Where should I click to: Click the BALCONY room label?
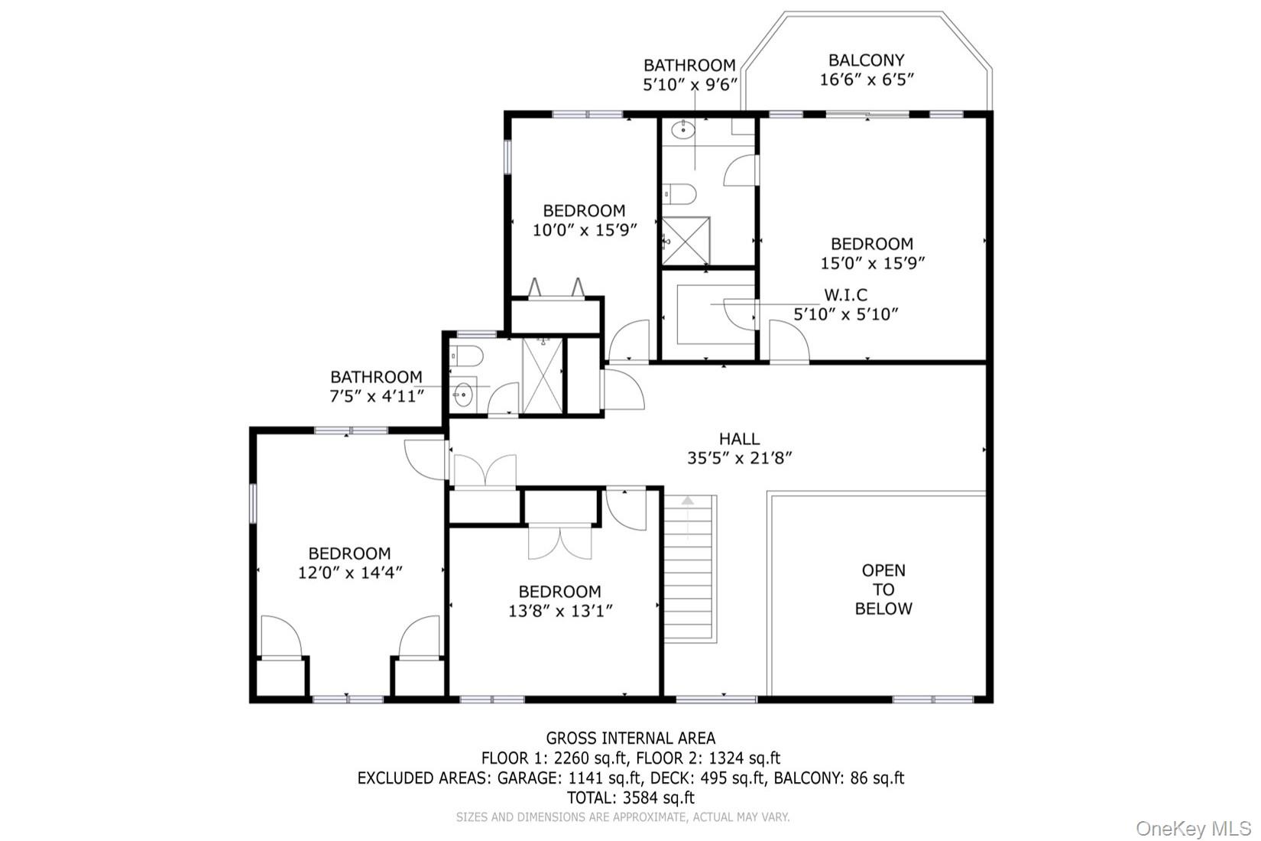coord(867,60)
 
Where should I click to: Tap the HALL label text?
coord(739,439)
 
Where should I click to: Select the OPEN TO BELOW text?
coord(883,589)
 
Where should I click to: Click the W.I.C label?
coord(845,294)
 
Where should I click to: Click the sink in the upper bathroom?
coord(683,130)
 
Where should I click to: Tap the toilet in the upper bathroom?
coord(679,194)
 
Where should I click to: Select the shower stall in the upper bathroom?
coord(686,241)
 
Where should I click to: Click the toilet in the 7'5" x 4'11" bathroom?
coord(467,356)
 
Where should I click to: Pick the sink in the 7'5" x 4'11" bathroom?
coord(462,395)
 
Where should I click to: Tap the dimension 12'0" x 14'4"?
coord(349,573)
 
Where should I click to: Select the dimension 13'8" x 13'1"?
coord(560,611)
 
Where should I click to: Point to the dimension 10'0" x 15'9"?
coord(585,230)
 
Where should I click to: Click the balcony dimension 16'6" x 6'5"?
coord(867,80)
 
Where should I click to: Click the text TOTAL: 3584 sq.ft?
coord(630,797)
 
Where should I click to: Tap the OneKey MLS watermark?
coord(1193,829)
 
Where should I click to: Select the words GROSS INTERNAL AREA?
coord(630,738)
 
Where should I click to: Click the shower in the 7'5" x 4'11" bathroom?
coord(543,375)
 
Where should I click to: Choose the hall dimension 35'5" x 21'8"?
coord(739,458)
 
